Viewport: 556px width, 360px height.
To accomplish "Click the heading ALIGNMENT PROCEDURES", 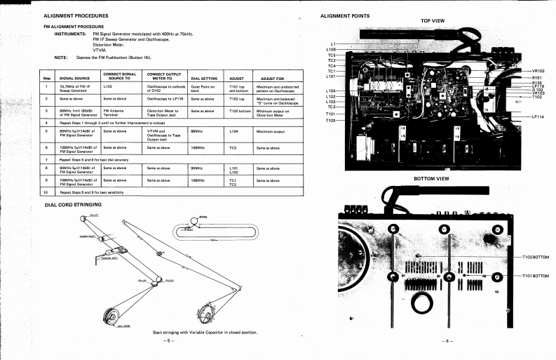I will click(x=76, y=15).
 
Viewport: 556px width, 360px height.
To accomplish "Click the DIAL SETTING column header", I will click(x=206, y=78).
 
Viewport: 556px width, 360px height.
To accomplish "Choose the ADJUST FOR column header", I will click(x=271, y=78).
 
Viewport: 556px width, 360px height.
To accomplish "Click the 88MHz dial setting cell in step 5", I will click(x=197, y=130).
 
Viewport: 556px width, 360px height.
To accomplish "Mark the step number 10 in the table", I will click(x=46, y=191).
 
